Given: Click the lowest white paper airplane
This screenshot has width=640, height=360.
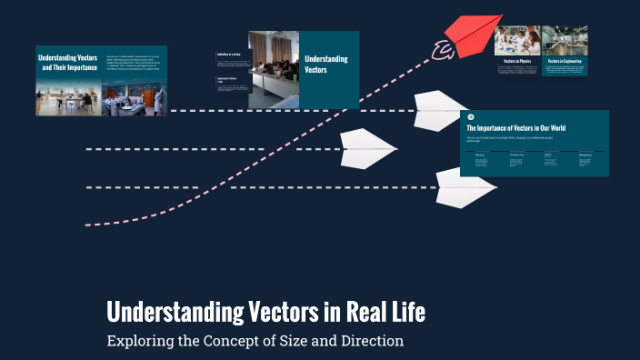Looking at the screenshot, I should point(465,187).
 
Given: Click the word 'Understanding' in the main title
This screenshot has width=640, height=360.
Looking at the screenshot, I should point(174,313).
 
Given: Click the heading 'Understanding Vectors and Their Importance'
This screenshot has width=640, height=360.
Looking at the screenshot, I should point(69,63).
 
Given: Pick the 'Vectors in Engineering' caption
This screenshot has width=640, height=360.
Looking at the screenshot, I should point(565,61).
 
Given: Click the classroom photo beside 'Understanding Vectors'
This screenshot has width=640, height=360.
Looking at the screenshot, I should point(274,69).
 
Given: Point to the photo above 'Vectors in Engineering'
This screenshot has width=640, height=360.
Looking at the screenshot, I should point(565,40).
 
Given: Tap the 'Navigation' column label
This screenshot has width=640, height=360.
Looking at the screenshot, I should point(585,155).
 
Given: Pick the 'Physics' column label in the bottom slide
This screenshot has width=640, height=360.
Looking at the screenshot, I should point(480,155).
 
